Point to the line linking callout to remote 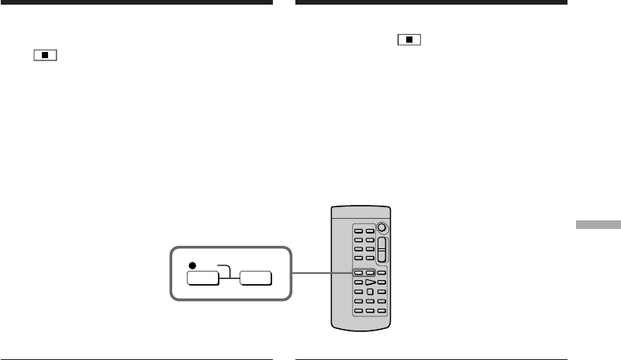point(319,273)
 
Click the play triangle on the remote point(370,282)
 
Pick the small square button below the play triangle point(370,292)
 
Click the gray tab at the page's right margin point(599,224)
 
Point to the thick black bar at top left point(136,3)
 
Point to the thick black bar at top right point(431,3)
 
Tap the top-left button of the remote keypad point(359,230)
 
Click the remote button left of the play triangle point(359,282)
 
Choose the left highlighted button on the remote point(359,273)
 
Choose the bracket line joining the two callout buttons point(223,268)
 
